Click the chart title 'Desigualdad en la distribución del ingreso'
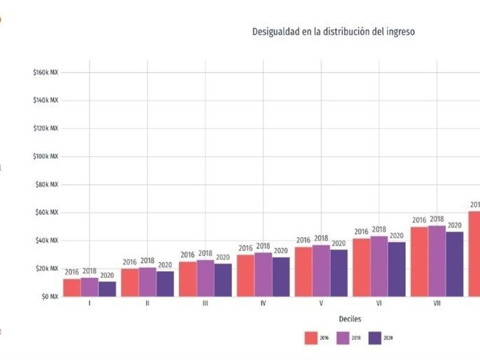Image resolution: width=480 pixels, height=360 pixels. (333, 32)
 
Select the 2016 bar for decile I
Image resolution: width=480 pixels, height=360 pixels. (72, 287)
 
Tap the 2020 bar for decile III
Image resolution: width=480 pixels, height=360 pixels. (223, 280)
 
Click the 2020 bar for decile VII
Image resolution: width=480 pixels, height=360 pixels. (455, 264)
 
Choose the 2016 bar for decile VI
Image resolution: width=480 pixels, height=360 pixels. (361, 267)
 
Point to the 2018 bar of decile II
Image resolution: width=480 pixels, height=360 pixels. (147, 282)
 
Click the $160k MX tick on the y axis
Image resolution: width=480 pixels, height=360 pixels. (46, 73)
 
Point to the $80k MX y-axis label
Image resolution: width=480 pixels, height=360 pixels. (47, 185)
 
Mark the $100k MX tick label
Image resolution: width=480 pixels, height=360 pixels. (46, 157)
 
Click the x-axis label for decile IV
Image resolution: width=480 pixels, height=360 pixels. (263, 304)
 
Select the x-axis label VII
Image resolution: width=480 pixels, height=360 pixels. (437, 304)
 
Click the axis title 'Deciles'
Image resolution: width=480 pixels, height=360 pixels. (349, 319)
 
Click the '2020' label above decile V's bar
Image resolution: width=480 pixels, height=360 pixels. (339, 243)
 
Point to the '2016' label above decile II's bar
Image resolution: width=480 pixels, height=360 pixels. (130, 262)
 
